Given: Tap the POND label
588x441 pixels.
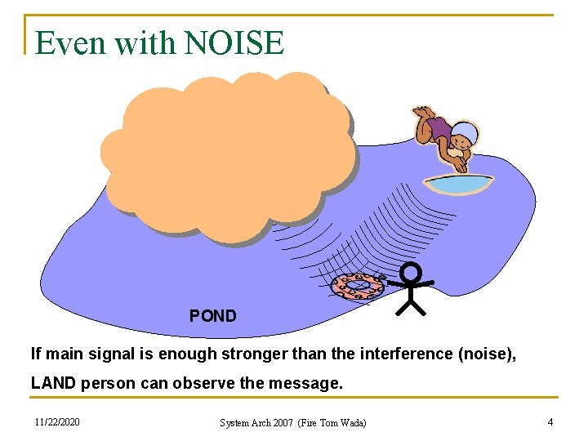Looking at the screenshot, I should [x=212, y=315].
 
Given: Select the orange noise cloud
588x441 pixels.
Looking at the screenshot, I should [x=229, y=155].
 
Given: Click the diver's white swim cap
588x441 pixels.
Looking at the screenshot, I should [x=465, y=132].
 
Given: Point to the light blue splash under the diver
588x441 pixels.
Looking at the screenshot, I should [x=458, y=185].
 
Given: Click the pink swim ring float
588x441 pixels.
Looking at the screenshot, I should [x=357, y=286].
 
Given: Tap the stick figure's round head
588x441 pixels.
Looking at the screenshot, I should [x=411, y=272].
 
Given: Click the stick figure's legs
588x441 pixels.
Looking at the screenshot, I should [x=412, y=306].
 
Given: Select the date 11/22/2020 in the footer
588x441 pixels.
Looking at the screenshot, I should [x=58, y=421].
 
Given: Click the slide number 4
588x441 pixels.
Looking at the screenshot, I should [x=550, y=421].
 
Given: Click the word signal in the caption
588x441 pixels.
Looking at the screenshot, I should [x=133, y=354].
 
